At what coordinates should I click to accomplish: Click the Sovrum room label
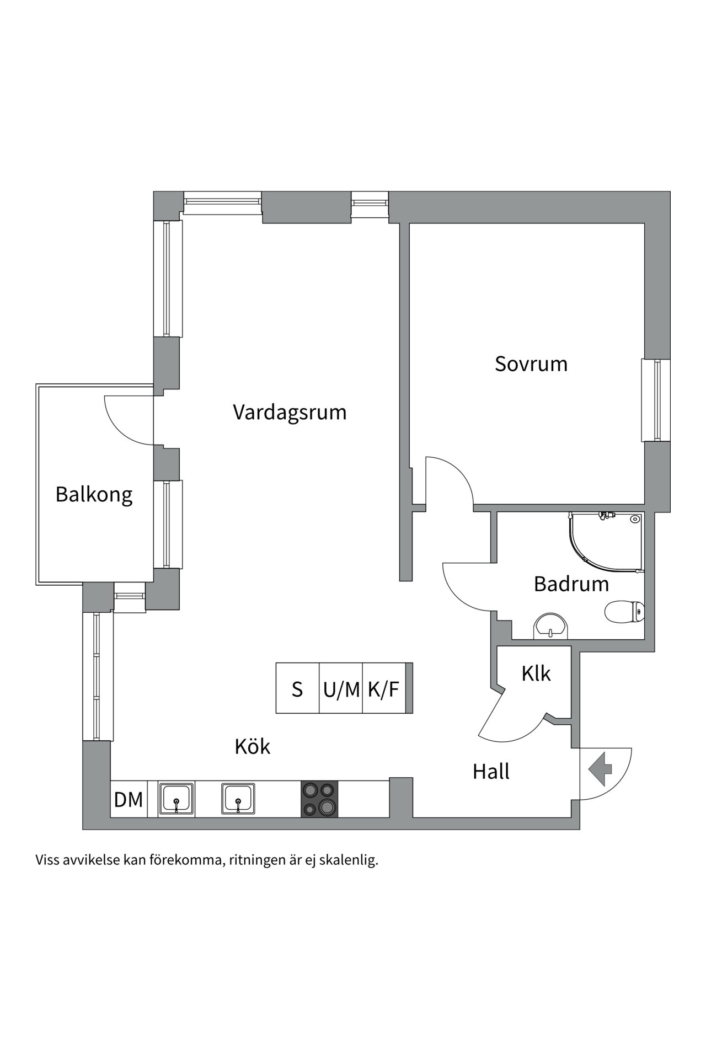(x=531, y=364)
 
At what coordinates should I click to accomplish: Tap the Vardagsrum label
(x=290, y=413)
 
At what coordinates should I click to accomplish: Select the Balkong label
(x=94, y=494)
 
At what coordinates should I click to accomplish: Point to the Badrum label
(x=571, y=584)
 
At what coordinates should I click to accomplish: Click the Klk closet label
(x=536, y=673)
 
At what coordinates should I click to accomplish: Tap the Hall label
(x=491, y=772)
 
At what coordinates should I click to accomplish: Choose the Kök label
(x=253, y=747)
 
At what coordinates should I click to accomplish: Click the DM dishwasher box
(x=129, y=799)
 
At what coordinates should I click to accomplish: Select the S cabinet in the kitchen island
(x=297, y=689)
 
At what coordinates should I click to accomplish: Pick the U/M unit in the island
(x=341, y=689)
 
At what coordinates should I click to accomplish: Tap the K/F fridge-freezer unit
(x=383, y=689)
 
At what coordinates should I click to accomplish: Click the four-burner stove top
(x=319, y=799)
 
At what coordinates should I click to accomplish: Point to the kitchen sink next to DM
(x=176, y=799)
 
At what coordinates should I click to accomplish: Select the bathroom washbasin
(x=550, y=626)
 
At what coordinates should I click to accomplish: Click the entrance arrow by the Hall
(x=600, y=768)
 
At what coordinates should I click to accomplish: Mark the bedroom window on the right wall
(x=656, y=400)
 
